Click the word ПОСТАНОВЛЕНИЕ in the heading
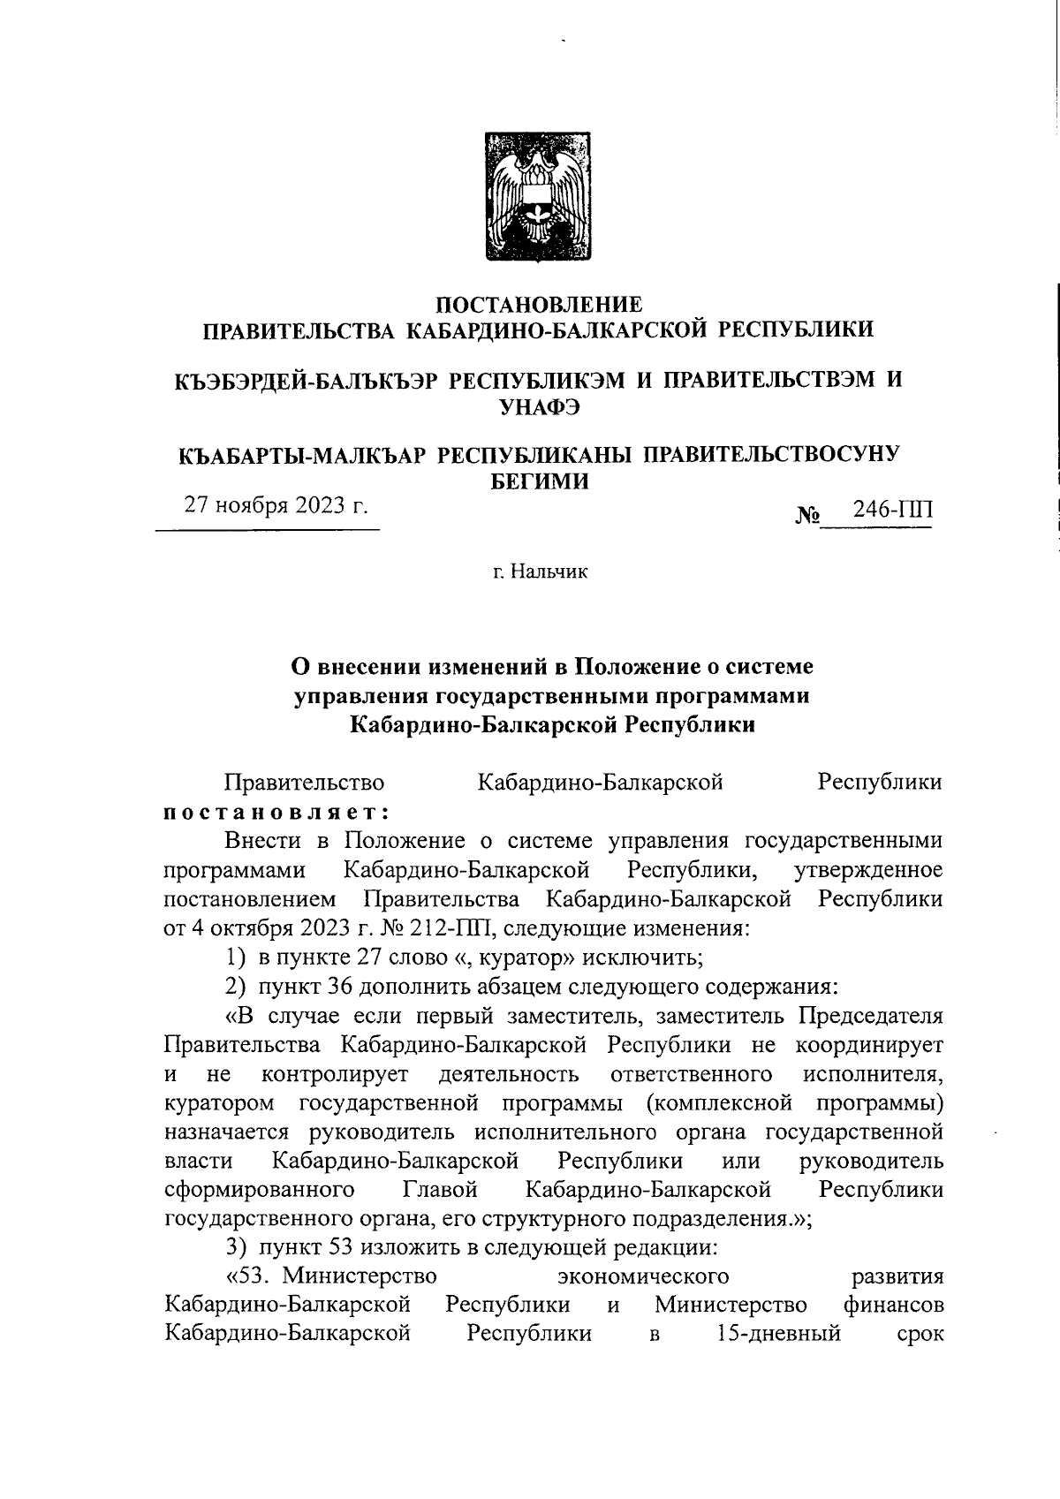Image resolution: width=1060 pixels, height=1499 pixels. pos(539,306)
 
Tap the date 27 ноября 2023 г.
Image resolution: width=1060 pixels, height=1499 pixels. pos(275,506)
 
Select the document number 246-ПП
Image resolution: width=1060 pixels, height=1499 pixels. pos(892,511)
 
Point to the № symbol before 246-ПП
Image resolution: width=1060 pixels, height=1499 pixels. pos(810,514)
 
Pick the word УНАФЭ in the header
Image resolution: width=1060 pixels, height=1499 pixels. pos(539,406)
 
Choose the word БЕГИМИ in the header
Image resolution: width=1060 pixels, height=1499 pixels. pos(539,481)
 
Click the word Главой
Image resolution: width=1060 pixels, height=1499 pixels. pos(440,1190)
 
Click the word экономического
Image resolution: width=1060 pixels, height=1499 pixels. pos(644,1276)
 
